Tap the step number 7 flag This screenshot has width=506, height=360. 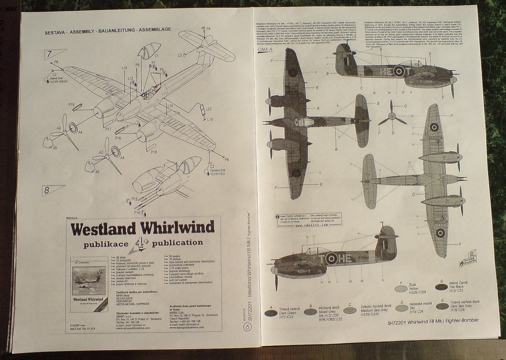coord(53,54)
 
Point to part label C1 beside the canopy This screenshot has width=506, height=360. coord(157,56)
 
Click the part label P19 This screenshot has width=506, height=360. coord(72,105)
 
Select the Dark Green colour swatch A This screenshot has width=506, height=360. coord(271,313)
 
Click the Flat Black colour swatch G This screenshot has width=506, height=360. coord(441,287)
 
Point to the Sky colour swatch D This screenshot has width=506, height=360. coord(402,308)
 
